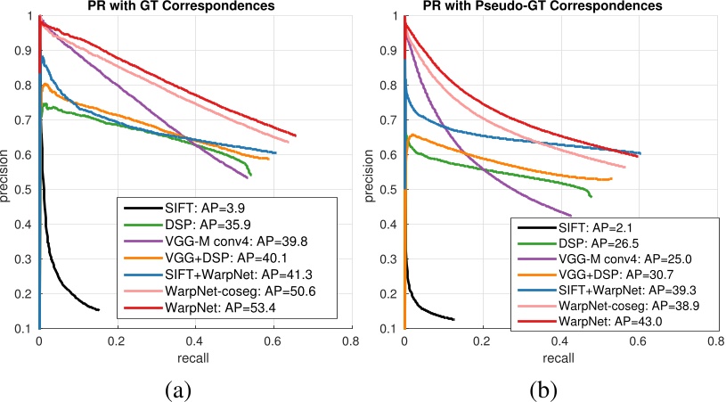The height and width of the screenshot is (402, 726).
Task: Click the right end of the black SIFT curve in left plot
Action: click(98, 309)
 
